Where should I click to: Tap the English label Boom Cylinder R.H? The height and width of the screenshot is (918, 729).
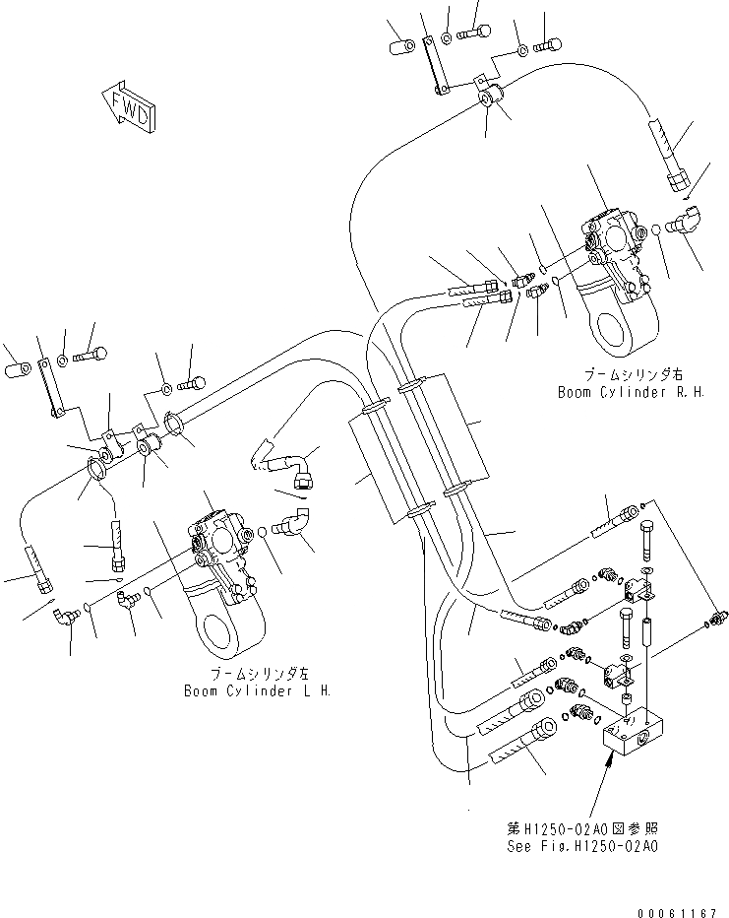[614, 392]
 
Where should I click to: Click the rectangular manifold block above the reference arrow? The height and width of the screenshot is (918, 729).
[638, 735]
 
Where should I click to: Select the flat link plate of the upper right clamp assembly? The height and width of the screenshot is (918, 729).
[434, 64]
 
